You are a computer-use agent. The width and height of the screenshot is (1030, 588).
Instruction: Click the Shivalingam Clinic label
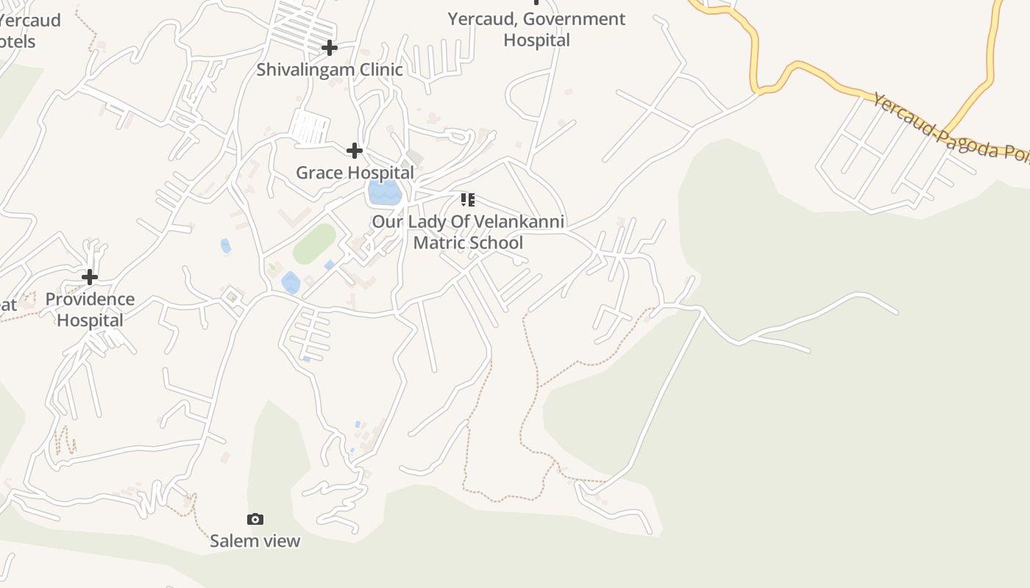pos(330,70)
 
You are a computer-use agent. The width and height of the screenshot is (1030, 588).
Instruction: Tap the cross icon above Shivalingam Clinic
pos(329,49)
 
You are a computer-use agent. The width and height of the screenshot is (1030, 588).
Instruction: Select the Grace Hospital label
pos(355,173)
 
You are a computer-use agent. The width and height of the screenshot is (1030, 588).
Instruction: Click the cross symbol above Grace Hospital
pos(355,151)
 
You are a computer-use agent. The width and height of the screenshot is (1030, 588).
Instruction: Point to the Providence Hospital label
pos(90,309)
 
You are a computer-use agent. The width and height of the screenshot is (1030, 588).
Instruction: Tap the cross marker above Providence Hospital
pos(90,277)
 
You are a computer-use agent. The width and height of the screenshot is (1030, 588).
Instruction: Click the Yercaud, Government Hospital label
pos(536,29)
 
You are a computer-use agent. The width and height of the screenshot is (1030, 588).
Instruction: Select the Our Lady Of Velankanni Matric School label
pos(468,232)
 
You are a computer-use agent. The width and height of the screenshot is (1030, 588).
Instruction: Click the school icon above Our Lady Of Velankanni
pos(468,199)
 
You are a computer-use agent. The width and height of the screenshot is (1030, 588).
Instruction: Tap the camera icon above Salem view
pos(255,520)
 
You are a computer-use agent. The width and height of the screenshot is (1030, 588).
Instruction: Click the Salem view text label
pos(255,541)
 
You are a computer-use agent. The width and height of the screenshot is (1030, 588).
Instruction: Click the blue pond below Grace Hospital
pos(384,193)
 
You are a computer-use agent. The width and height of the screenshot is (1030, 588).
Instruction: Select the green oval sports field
pos(315,243)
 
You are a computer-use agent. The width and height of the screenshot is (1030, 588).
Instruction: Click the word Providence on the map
pos(90,299)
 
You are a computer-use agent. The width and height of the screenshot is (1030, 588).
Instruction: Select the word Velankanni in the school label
pos(519,221)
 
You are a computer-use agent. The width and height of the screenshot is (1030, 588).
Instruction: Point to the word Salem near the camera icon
pos(230,541)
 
